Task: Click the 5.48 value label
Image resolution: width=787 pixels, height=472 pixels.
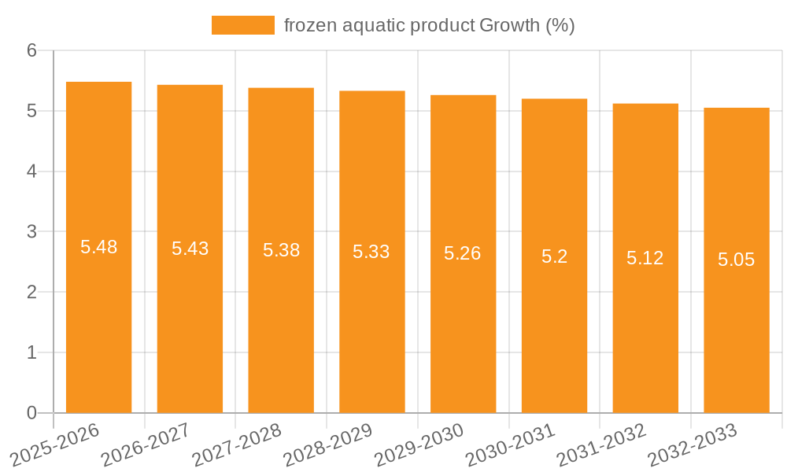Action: point(98,247)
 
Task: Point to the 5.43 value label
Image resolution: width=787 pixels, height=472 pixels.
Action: point(190,249)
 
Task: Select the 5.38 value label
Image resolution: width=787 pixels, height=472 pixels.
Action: point(281,250)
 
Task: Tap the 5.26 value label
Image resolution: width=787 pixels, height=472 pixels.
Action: point(463,253)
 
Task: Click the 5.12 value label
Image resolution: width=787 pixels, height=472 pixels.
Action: point(645,258)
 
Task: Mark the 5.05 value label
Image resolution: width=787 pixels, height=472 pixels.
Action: point(736,260)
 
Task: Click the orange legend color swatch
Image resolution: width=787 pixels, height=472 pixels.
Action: point(242,25)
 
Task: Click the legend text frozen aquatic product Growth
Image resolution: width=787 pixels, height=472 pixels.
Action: point(429,25)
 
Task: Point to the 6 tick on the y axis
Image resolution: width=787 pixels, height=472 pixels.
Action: point(31,50)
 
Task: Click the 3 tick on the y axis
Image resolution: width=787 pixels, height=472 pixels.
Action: point(31,232)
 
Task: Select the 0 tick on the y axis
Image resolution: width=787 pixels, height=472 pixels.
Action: point(31,413)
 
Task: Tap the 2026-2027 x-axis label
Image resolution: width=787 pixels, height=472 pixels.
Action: point(146,443)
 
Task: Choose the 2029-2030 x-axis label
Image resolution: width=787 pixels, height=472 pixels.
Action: point(419,443)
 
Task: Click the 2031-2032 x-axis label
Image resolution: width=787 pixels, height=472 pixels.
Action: point(602,443)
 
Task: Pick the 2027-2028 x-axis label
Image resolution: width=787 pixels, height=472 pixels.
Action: point(237,443)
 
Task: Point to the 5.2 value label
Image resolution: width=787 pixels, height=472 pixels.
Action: point(554,256)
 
